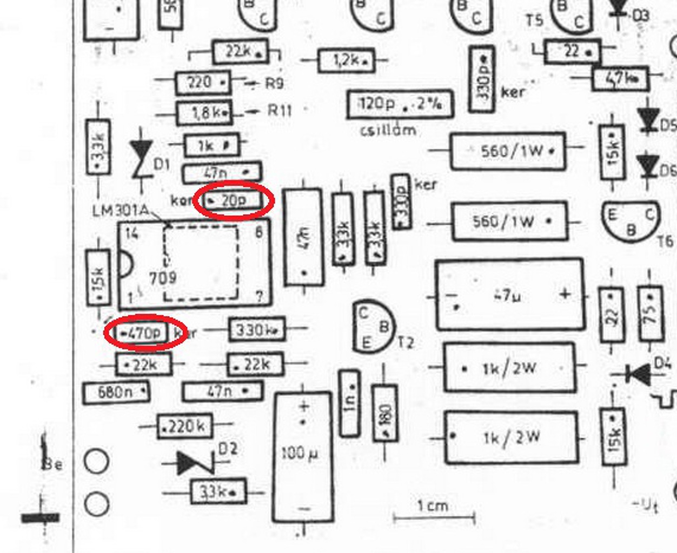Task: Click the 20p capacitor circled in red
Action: [233, 201]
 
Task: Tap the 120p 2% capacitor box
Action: [400, 104]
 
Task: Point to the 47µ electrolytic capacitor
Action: [510, 295]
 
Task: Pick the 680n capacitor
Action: [116, 393]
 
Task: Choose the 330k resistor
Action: [257, 329]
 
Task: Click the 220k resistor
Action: [184, 427]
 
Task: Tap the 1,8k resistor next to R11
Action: [204, 113]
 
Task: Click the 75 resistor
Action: [651, 313]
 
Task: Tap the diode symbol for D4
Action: [640, 374]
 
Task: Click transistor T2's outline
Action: [373, 327]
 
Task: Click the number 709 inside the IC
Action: [162, 278]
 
